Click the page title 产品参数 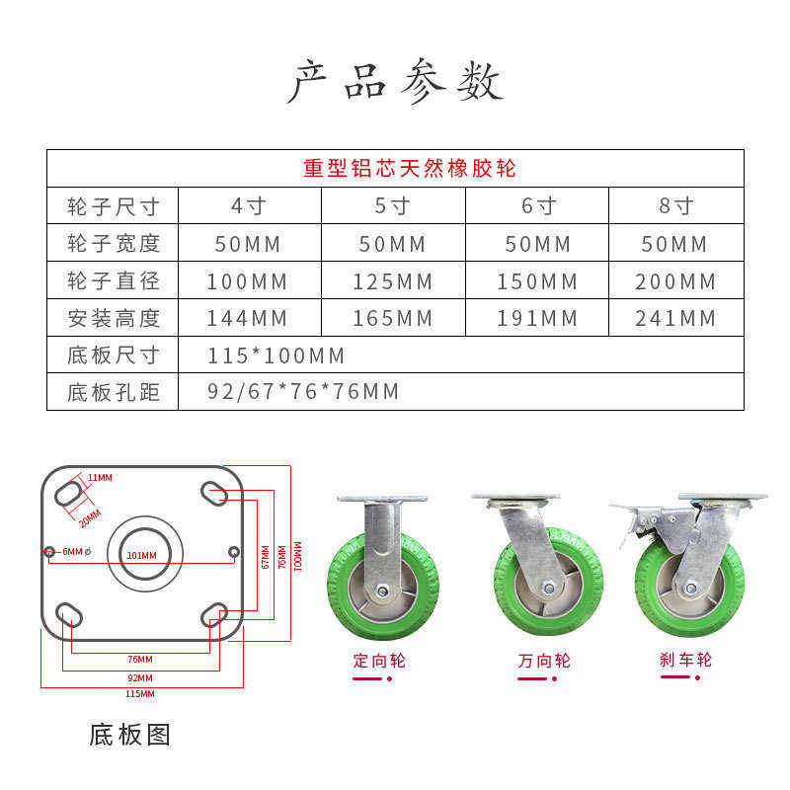(x=395, y=83)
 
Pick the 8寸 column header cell (x=675, y=205)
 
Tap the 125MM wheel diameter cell (x=393, y=281)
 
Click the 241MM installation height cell (x=675, y=318)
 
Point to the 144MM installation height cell (x=247, y=318)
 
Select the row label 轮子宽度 (x=113, y=243)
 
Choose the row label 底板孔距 (x=113, y=392)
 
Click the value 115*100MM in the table (x=276, y=355)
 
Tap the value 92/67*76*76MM (x=303, y=392)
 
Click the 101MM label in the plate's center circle (x=141, y=556)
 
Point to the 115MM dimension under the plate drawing (x=140, y=694)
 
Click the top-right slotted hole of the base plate (x=214, y=492)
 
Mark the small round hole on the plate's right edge (x=233, y=551)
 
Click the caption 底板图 (x=129, y=735)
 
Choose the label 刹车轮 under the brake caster (x=685, y=660)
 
